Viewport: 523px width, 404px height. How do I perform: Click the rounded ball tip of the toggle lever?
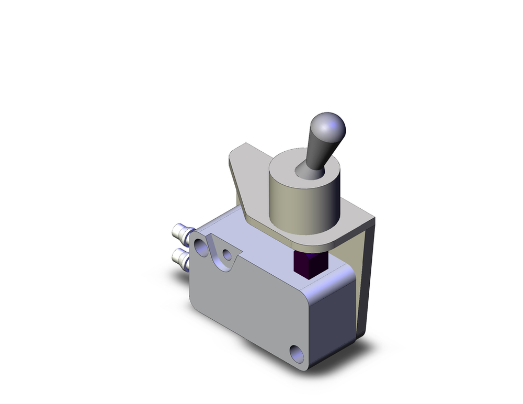pyautogui.click(x=328, y=125)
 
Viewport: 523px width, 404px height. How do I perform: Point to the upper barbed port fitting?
pyautogui.click(x=180, y=231)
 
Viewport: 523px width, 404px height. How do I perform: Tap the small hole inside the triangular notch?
pyautogui.click(x=227, y=255)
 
